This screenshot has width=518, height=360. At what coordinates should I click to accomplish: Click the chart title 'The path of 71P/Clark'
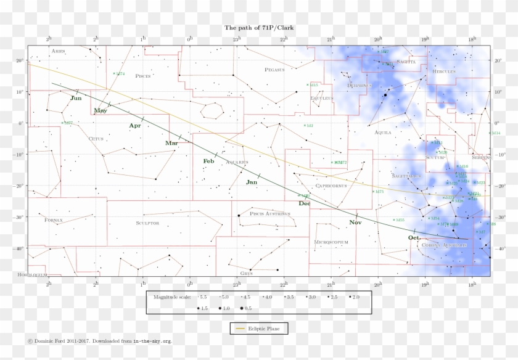258,28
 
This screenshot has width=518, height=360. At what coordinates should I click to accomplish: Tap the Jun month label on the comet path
76,98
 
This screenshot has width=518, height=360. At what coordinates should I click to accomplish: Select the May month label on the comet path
100,111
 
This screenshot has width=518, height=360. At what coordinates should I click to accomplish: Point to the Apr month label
135,126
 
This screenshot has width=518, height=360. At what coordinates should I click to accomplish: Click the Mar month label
171,143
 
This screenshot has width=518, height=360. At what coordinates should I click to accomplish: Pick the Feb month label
208,162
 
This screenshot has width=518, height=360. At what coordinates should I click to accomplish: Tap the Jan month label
252,182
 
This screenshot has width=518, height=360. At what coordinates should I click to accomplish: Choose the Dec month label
305,203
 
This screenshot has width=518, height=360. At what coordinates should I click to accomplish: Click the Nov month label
355,222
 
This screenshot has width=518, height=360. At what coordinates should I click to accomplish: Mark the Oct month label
414,237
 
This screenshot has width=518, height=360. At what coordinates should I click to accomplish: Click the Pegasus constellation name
274,70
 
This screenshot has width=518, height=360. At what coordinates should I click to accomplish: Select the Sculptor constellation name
147,223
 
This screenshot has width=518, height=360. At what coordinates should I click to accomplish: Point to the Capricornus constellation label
331,186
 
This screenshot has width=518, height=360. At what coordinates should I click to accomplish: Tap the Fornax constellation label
54,219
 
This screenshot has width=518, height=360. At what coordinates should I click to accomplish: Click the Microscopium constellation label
331,242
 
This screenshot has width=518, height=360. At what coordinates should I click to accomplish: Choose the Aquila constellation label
383,133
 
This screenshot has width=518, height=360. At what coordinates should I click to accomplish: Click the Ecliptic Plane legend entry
259,329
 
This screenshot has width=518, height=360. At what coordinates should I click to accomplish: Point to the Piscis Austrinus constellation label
270,214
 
